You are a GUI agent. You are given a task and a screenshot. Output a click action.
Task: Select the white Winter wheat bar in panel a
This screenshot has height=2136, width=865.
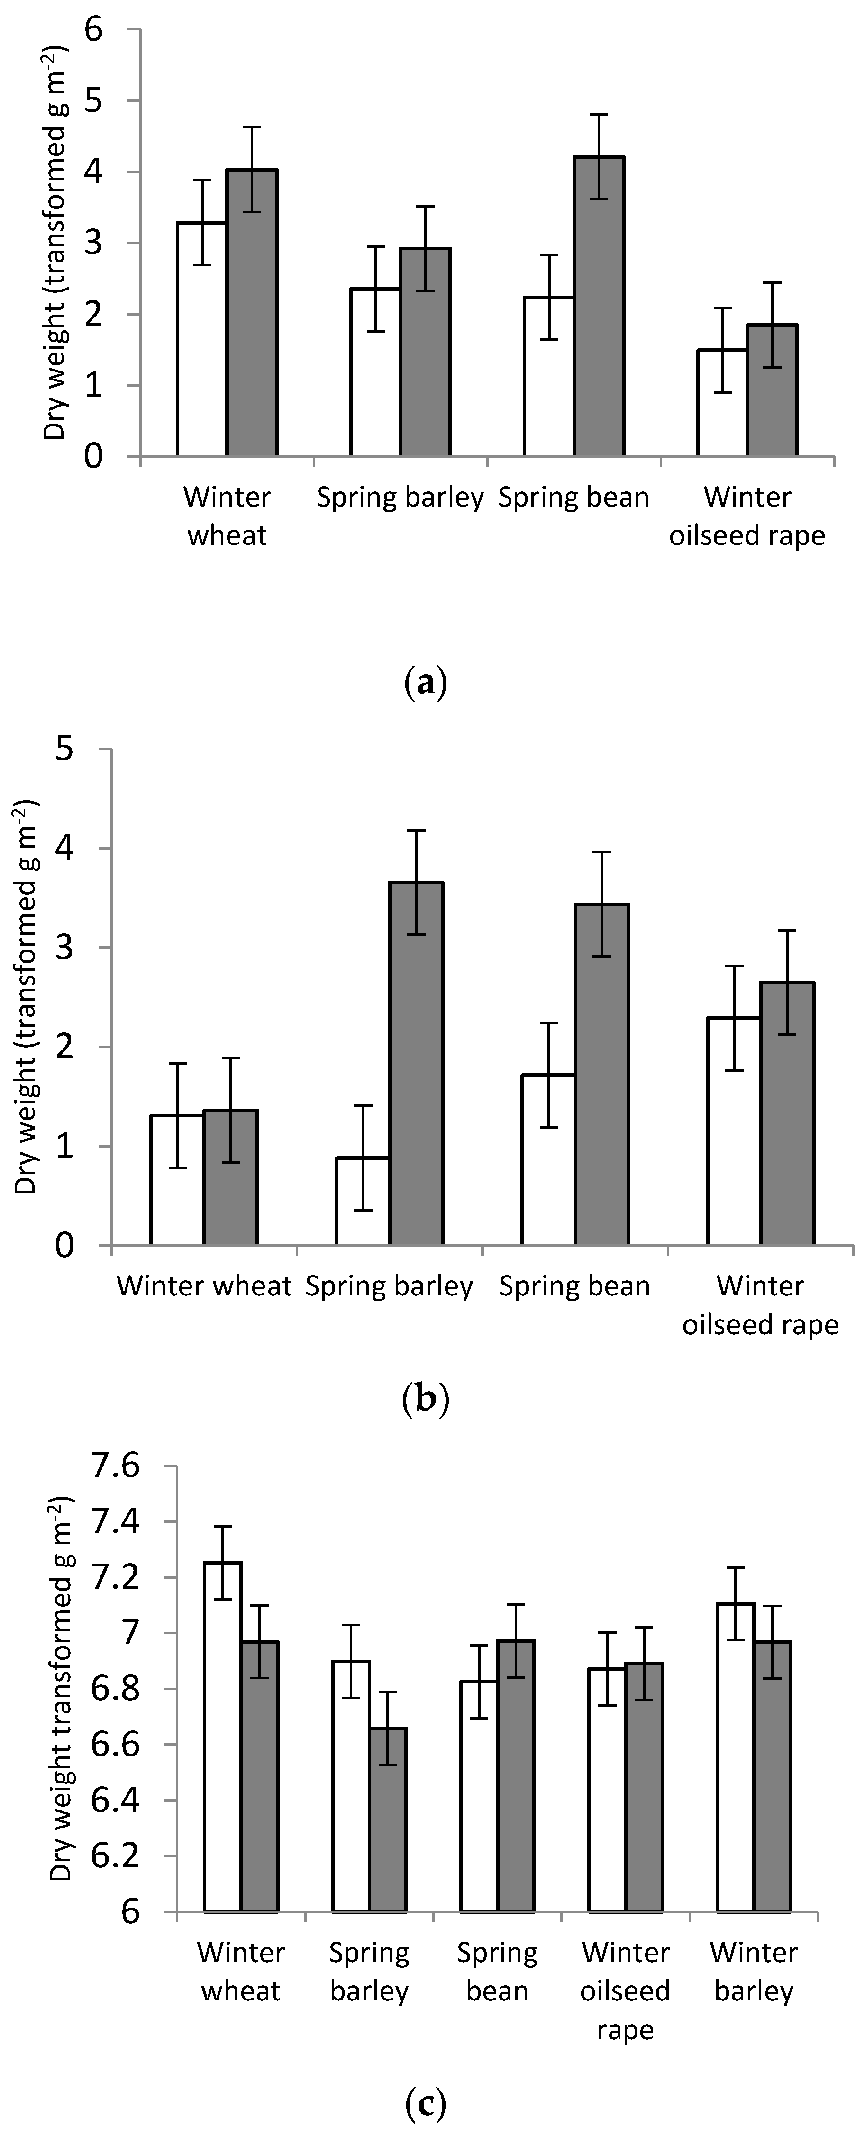click(x=202, y=340)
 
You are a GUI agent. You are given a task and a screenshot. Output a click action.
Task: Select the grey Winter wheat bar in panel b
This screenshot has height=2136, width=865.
click(x=230, y=1177)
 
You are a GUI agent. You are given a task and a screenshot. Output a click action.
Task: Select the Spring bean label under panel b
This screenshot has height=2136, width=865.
click(x=574, y=1286)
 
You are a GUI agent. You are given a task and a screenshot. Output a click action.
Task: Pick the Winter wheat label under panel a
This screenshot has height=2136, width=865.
click(x=227, y=516)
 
